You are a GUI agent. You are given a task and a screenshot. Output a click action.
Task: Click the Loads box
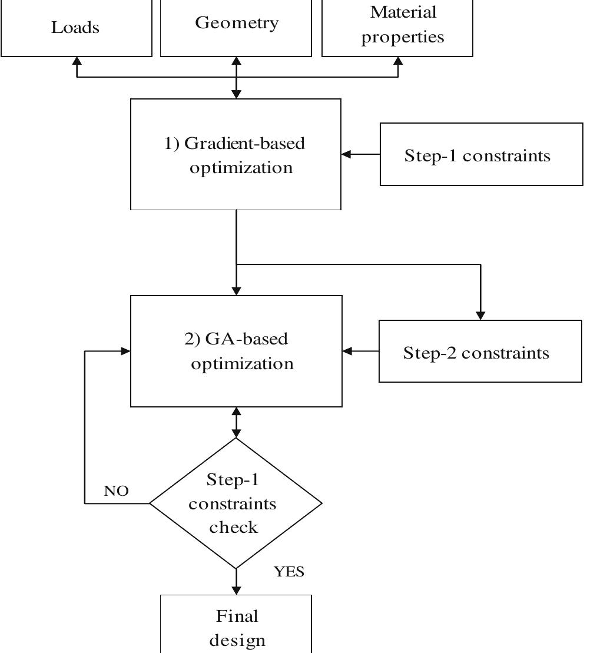click(x=76, y=28)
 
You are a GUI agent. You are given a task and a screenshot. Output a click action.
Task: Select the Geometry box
click(x=236, y=24)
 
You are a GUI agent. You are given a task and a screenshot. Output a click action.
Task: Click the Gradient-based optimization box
click(x=236, y=154)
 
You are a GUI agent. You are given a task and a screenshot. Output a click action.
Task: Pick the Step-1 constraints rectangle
click(x=481, y=155)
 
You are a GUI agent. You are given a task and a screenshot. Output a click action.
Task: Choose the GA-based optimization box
click(x=236, y=351)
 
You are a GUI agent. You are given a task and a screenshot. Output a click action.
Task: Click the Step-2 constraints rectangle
click(x=480, y=352)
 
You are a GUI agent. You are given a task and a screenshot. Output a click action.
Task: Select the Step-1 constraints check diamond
click(x=236, y=503)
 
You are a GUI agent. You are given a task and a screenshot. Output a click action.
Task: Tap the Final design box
click(x=236, y=625)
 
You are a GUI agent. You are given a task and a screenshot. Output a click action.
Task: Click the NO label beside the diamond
click(x=116, y=491)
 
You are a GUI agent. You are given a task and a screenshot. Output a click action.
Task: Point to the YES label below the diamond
click(x=289, y=572)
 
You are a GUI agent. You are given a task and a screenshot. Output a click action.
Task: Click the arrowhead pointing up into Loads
click(x=77, y=61)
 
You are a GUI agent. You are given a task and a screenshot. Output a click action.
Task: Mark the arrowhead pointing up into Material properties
click(x=399, y=61)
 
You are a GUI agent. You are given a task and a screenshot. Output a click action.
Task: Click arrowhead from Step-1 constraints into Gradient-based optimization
click(x=346, y=154)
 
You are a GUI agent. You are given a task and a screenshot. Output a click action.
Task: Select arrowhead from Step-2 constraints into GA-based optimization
click(x=347, y=351)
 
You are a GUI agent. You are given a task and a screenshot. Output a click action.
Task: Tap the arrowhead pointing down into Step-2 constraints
click(x=481, y=316)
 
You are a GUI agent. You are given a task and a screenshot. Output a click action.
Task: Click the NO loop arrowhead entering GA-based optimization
click(x=125, y=351)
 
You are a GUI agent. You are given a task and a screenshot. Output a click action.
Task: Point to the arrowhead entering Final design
click(x=236, y=590)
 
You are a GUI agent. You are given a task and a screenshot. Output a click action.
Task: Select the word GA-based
click(x=246, y=340)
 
